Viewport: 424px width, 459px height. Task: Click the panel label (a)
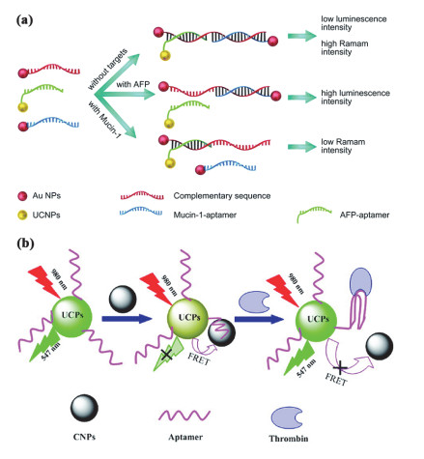(24, 20)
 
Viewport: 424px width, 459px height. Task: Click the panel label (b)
(25, 244)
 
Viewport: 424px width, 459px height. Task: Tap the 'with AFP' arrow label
(133, 84)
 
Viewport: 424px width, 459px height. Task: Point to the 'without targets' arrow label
(107, 69)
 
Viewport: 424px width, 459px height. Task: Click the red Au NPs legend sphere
(22, 196)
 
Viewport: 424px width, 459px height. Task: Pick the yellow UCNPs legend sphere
(22, 215)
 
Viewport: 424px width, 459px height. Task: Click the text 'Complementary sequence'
(222, 196)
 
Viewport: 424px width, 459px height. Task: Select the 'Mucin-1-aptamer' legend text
(205, 215)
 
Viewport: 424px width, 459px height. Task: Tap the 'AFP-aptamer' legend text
(364, 215)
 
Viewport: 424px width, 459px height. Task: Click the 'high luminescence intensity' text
(355, 98)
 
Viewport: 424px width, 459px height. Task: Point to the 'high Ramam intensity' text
(345, 47)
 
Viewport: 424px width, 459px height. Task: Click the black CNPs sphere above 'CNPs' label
(84, 408)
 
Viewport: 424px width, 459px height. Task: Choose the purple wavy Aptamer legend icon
(184, 415)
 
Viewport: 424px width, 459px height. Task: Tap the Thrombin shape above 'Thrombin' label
(287, 417)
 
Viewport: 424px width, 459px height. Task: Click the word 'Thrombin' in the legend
(289, 439)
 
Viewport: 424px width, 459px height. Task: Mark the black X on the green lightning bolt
(167, 355)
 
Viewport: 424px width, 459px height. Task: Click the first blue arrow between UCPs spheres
(127, 319)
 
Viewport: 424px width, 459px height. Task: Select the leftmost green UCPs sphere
(71, 317)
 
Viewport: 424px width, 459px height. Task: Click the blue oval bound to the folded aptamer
(360, 281)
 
